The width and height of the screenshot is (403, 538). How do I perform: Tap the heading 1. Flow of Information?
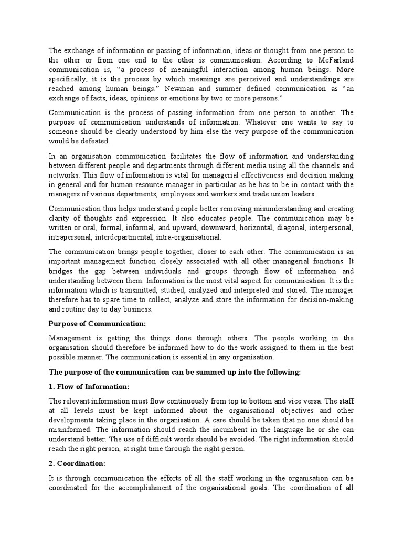pos(89,387)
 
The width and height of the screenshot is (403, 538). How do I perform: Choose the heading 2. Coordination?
pos(77,463)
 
